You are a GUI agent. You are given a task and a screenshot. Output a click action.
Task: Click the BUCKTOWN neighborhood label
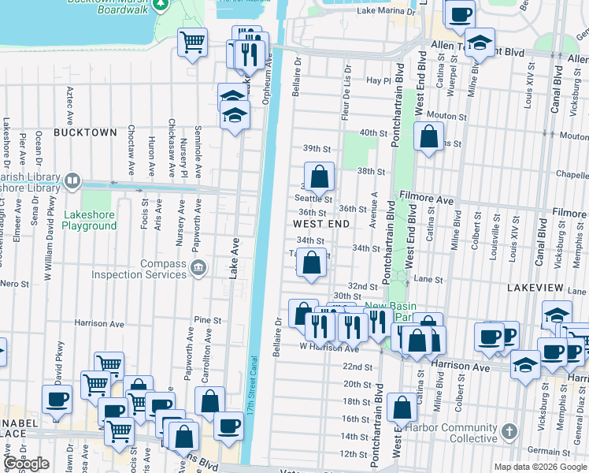tap(85, 132)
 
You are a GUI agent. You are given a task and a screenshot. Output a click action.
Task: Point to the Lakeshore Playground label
tap(90, 220)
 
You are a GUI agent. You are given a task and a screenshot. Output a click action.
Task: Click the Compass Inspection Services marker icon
tap(199, 268)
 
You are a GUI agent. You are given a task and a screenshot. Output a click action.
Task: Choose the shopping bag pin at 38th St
tap(319, 177)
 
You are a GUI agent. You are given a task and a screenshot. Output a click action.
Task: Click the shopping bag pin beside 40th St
tap(428, 137)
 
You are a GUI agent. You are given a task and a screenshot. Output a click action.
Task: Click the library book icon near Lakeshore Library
tap(72, 181)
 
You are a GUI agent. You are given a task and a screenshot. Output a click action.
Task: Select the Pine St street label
tap(206, 320)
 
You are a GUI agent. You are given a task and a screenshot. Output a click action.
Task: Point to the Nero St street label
tap(14, 283)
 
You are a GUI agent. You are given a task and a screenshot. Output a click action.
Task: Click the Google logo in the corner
tap(27, 464)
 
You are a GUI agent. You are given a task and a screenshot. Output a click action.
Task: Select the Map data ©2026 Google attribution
tap(540, 467)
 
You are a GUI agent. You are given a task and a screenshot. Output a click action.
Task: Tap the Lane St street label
tap(429, 279)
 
